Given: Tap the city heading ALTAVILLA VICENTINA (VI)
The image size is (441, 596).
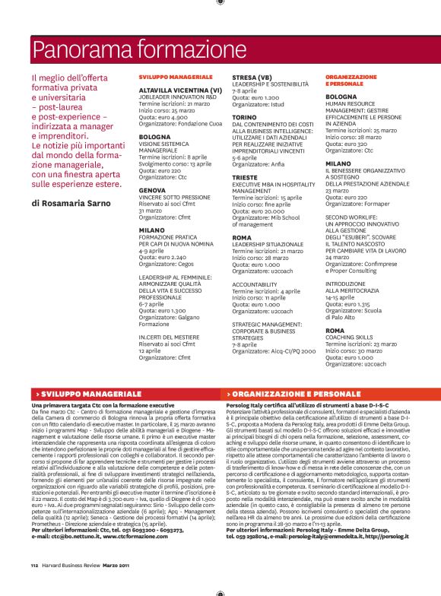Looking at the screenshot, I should tap(179, 90).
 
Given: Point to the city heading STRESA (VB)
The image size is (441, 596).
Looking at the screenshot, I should tap(252, 77).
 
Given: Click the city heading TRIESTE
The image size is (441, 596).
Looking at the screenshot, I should tap(246, 178).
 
